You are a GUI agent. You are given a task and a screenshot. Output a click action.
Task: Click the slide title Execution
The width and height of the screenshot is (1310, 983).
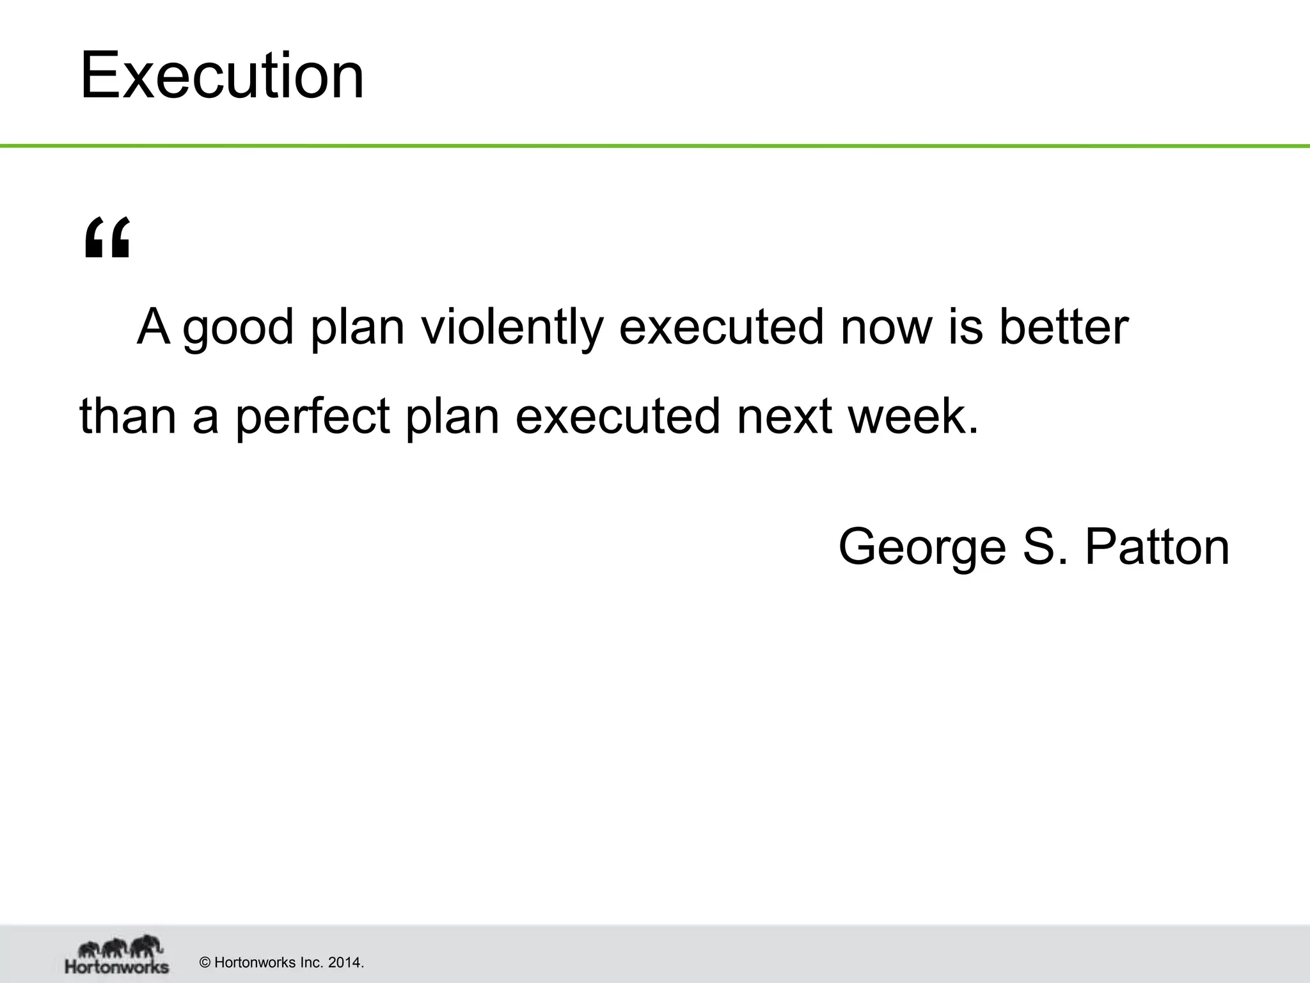[x=222, y=76]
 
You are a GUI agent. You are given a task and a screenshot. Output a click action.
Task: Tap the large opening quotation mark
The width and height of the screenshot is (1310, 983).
[x=107, y=237]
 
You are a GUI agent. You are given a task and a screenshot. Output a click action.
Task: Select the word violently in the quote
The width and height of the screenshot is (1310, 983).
[x=512, y=328]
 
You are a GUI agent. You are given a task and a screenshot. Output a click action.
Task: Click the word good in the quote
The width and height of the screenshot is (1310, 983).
[x=238, y=328]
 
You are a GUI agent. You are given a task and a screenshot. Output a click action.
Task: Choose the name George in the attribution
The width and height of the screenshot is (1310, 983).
[x=922, y=548]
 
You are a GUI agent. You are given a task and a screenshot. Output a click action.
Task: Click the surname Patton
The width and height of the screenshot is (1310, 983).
[x=1156, y=548]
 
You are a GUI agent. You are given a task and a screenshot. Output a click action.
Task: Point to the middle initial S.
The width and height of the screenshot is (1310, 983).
[x=1039, y=548]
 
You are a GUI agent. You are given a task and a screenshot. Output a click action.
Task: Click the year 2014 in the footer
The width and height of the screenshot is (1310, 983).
[x=345, y=963]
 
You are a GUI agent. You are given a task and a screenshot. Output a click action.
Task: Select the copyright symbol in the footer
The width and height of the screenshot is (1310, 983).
[x=205, y=963]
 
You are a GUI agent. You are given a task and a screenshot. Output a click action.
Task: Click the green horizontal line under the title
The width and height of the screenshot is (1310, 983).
[x=655, y=147]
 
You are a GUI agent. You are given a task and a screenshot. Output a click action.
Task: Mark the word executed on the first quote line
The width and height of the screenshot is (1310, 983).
[x=722, y=328]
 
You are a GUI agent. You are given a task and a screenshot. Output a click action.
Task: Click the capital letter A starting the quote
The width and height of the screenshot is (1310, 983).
[x=154, y=328]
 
